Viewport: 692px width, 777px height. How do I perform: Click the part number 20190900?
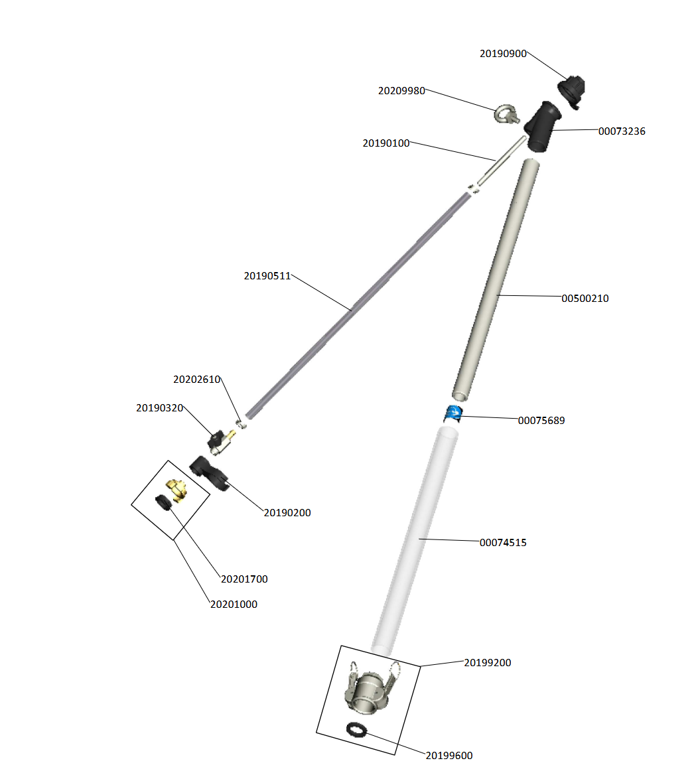503,54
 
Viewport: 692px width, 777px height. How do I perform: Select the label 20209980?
401,91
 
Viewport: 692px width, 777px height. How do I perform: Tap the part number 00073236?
622,131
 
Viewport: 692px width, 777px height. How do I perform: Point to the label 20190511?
267,276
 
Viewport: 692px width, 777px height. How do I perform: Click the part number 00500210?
585,299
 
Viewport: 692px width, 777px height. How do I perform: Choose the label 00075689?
541,421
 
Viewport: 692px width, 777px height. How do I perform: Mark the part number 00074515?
503,543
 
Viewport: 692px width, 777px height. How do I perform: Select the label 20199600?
449,756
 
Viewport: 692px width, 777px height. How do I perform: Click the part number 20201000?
234,604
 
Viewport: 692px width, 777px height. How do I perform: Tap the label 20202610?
196,380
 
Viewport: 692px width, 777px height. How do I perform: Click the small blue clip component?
454,413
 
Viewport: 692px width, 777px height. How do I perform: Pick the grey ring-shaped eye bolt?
506,115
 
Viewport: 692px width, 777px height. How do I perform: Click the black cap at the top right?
573,90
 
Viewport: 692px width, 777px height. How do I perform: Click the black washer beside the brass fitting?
163,502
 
